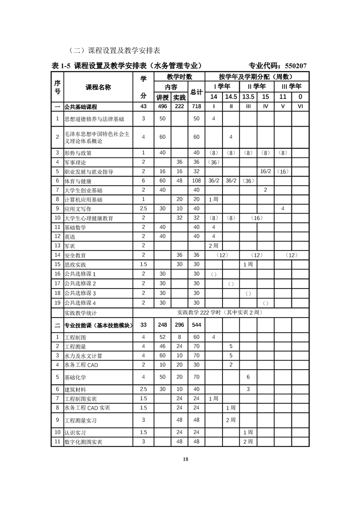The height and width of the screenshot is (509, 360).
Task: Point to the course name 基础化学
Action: click(75, 377)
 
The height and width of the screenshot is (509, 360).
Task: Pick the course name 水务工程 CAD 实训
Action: click(87, 408)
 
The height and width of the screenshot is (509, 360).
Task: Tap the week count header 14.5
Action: click(231, 97)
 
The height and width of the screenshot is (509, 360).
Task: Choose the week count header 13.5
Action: click(248, 97)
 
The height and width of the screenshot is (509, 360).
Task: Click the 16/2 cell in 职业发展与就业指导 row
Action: click(266, 171)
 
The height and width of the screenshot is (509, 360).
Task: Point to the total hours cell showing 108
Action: click(196, 181)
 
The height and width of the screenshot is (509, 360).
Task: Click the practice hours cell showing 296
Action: click(179, 325)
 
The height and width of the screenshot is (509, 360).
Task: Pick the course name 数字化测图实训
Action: click(83, 442)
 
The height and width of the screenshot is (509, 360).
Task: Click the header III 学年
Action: click(291, 86)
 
